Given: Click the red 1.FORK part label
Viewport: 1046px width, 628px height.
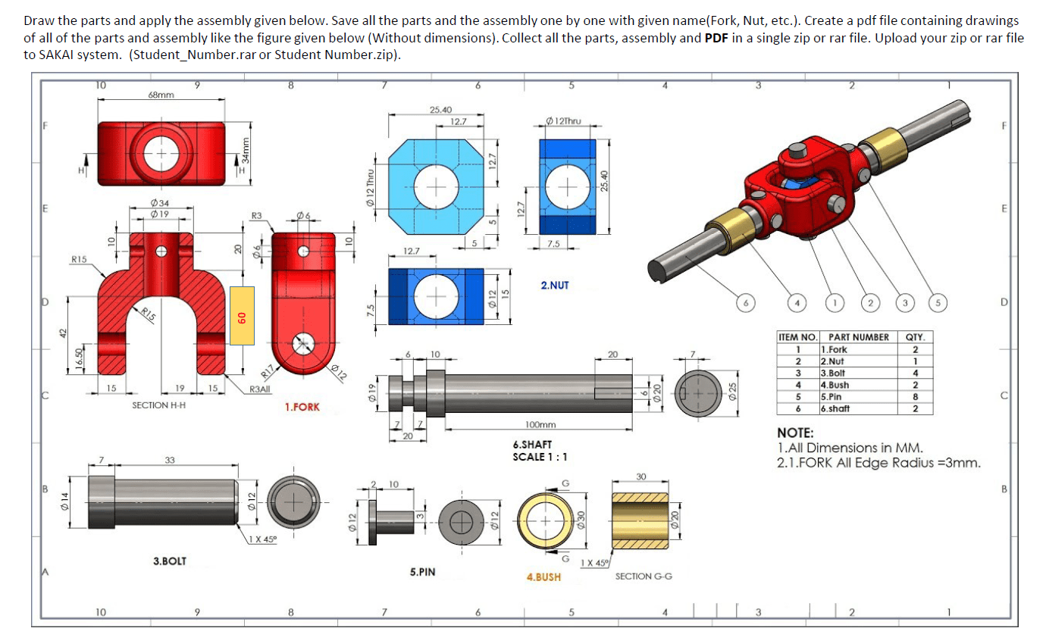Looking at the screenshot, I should [x=302, y=408].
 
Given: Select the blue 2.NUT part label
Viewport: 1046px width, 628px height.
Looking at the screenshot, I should [x=554, y=286].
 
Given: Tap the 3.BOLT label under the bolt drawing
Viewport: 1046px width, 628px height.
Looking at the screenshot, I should [x=170, y=561].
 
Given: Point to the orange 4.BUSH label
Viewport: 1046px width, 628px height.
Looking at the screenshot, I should [x=543, y=577].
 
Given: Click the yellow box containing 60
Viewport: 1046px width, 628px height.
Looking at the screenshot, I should [x=242, y=316].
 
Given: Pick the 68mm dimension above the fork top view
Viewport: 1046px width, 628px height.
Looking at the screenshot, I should [x=161, y=95].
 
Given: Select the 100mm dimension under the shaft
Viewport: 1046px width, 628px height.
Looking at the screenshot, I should [x=540, y=426].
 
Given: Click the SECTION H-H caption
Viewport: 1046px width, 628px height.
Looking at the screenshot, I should [x=160, y=405].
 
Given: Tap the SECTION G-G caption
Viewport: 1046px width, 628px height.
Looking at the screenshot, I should [x=644, y=576].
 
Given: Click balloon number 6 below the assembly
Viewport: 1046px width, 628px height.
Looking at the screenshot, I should [x=747, y=303].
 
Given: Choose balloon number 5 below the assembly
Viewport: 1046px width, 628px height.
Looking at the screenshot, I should [x=939, y=303].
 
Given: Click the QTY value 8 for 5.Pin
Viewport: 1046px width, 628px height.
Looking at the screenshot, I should [x=916, y=396].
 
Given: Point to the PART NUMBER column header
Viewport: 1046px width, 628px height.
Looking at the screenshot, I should [x=858, y=337].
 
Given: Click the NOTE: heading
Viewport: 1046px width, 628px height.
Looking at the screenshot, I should [x=795, y=433].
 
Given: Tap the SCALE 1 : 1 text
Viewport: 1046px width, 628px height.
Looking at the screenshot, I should [x=540, y=457].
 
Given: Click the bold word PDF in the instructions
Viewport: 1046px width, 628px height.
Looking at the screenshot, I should [x=716, y=38].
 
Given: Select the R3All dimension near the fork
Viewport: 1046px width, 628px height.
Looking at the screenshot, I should [x=260, y=389].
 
